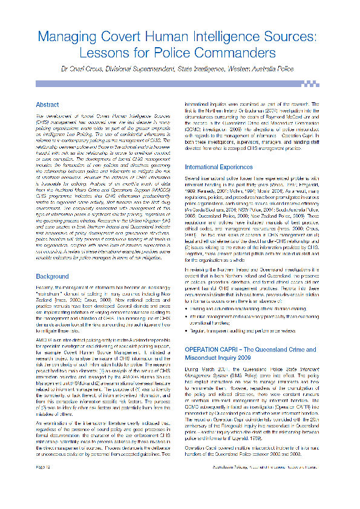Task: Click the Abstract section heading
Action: tap(48, 105)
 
